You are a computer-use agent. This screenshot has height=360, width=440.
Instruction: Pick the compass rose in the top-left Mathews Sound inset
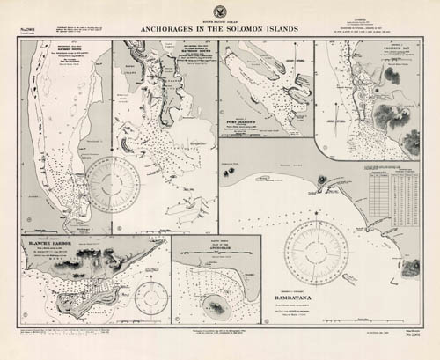click(x=112, y=185)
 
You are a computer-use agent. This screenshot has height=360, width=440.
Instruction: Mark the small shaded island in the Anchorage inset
click(x=211, y=305)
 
